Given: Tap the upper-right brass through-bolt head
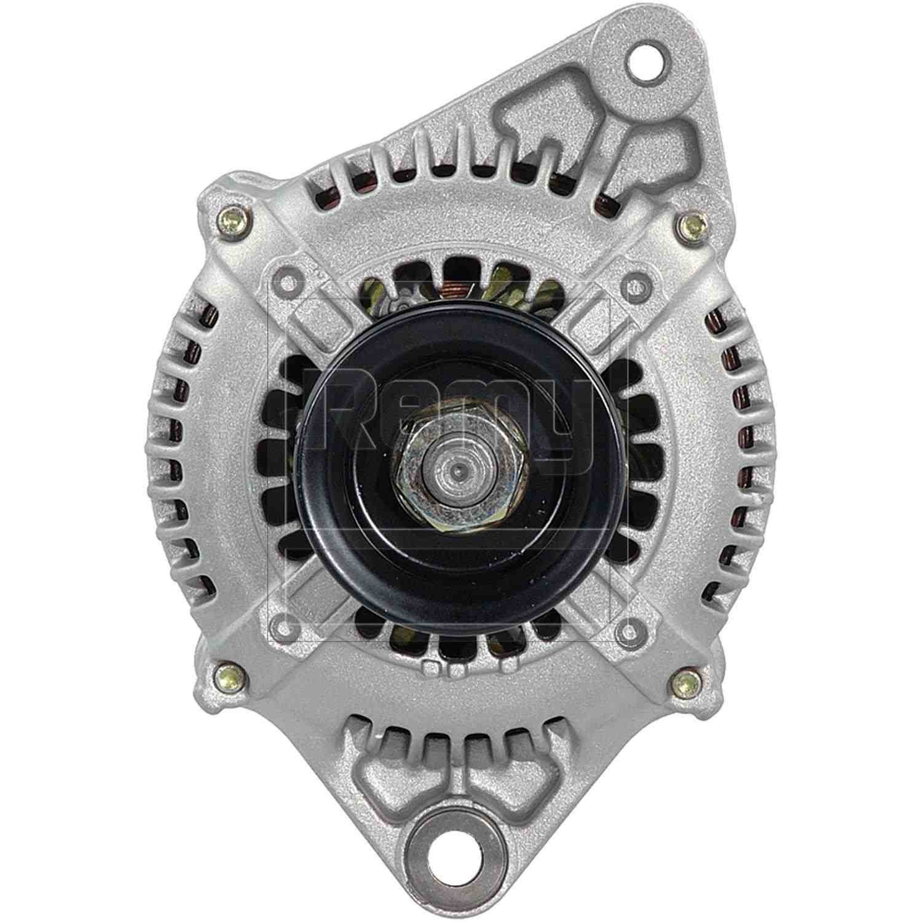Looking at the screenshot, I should point(692,224).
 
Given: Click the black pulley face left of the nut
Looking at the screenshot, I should point(344,467).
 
